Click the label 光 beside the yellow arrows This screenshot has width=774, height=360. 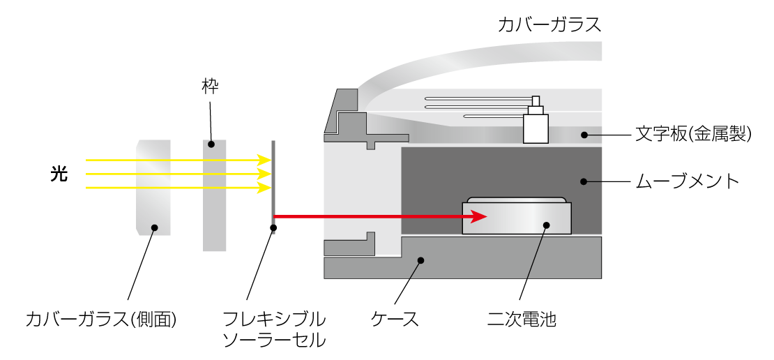click(x=59, y=174)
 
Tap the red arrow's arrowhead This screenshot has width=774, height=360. click(x=478, y=217)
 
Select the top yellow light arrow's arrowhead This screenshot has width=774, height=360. click(x=264, y=160)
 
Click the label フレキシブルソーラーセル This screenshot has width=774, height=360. click(x=273, y=330)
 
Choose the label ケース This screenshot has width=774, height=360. click(x=395, y=320)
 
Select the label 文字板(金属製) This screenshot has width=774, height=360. click(x=693, y=134)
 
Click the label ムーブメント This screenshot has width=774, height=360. click(x=687, y=181)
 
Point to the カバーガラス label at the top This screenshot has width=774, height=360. click(x=549, y=25)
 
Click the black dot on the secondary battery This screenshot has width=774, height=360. click(x=547, y=225)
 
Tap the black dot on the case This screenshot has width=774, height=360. click(x=420, y=260)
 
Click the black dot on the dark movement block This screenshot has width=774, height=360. click(x=582, y=181)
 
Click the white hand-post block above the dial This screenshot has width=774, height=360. click(x=536, y=126)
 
